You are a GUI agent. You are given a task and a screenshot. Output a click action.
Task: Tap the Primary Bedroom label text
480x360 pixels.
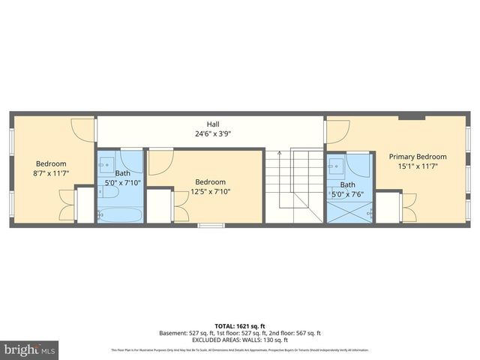417,157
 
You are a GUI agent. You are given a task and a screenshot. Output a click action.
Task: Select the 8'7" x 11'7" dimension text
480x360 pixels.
52,173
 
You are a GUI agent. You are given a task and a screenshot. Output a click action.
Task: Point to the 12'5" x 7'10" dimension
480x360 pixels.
210,191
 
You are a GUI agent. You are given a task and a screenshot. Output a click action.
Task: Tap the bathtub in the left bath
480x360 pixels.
121,214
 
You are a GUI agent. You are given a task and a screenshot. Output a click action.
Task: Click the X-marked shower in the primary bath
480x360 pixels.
349,211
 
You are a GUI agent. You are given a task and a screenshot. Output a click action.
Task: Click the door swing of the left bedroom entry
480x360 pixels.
83,130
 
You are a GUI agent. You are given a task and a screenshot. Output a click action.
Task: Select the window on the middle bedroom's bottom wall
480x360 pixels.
211,225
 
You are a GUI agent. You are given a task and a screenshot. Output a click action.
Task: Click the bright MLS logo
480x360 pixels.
30,349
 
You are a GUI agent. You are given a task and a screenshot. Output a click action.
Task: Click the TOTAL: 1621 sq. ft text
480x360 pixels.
240,325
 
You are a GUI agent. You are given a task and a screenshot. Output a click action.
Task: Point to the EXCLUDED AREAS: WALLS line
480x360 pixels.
240,340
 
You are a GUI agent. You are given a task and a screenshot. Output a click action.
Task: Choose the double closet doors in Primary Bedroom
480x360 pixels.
409,207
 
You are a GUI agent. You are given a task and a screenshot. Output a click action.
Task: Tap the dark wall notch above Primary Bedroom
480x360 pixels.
412,117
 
